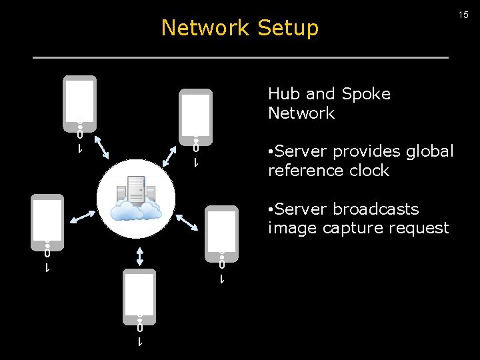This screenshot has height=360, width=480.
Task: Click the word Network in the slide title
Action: [x=205, y=28]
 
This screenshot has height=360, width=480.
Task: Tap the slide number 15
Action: [x=463, y=15]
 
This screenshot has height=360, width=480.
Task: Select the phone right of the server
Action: [x=221, y=230]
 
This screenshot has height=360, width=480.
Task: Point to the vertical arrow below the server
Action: [x=139, y=255]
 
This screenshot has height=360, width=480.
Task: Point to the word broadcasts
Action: [x=376, y=209]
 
